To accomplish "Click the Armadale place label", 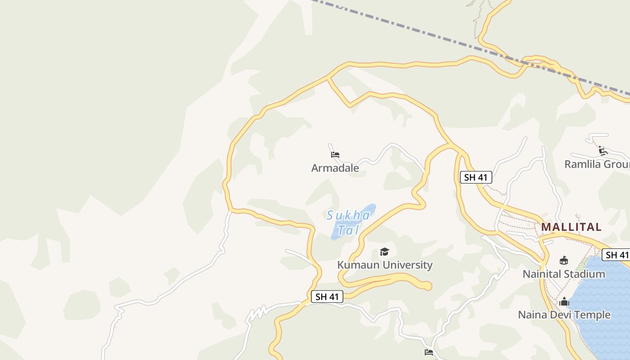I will (x=335, y=168).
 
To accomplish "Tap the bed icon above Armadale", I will (x=335, y=155).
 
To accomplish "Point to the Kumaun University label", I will (x=385, y=265).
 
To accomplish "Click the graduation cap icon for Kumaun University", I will (x=384, y=252).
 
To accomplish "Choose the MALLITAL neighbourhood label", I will (x=571, y=227).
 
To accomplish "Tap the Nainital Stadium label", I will (x=564, y=274).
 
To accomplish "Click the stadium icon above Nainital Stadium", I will (x=563, y=260).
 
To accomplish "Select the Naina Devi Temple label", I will (x=564, y=315).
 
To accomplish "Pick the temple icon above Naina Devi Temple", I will (x=564, y=301).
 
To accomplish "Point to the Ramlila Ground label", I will (x=597, y=164).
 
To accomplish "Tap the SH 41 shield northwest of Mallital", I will (x=476, y=177).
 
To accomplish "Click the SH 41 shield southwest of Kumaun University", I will (x=327, y=297).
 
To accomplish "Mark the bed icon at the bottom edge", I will (x=429, y=352).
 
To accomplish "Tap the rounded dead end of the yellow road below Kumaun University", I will (x=427, y=286).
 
